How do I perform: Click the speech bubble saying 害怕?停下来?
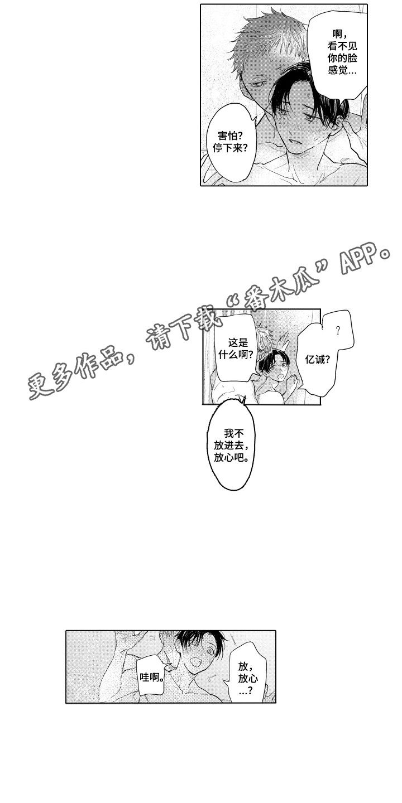click(x=231, y=141)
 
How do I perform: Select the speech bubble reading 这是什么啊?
click(x=236, y=349)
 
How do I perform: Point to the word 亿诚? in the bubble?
click(x=317, y=359)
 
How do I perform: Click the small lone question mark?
click(x=337, y=331)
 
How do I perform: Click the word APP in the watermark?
click(x=360, y=260)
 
